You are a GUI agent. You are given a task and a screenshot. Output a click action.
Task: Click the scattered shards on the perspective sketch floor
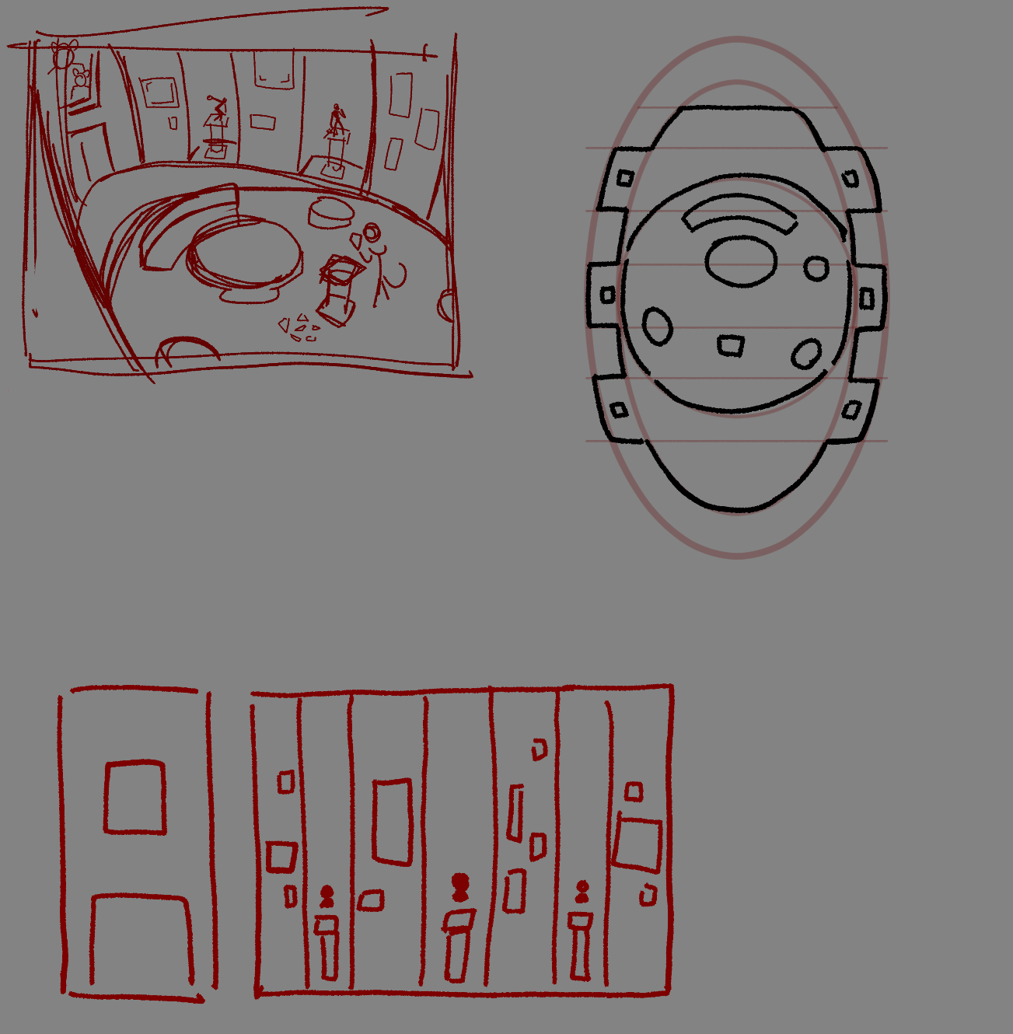click(299, 328)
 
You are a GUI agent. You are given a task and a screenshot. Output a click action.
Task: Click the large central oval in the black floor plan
click(740, 261)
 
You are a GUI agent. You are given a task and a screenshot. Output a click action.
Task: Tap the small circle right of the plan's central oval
click(816, 269)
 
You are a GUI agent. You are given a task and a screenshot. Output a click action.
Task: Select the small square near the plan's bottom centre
click(730, 345)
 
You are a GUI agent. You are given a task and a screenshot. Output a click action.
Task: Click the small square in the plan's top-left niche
click(626, 179)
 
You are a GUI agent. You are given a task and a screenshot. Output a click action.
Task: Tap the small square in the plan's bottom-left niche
click(619, 410)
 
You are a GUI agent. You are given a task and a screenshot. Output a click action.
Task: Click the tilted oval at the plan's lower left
click(657, 327)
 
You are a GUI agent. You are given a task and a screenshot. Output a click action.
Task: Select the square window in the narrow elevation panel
click(134, 798)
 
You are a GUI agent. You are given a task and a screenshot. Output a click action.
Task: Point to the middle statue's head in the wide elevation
click(461, 883)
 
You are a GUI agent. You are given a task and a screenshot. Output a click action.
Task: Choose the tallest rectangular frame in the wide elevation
click(393, 822)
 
